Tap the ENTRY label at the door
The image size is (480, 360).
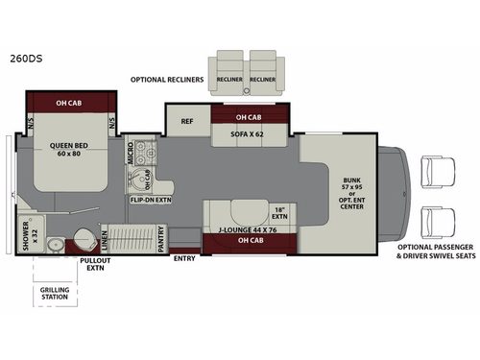[x=183, y=257]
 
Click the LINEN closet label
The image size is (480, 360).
[x=104, y=237]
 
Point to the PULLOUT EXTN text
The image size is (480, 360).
[x=94, y=265]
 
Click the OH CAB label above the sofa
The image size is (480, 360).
[x=239, y=118]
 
